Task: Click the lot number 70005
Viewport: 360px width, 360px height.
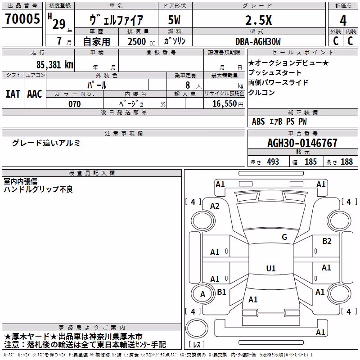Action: coord(22,18)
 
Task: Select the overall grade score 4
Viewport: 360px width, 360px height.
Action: coord(343,21)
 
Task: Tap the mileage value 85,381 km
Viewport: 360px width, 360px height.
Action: coord(54,64)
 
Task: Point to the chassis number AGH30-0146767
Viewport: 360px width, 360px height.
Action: coord(302,143)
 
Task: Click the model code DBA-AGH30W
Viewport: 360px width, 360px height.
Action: coord(258,41)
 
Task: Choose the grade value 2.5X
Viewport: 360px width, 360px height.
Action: coord(258,20)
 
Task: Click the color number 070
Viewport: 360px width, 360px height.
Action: coord(74,104)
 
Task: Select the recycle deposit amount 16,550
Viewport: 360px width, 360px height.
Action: coord(224,104)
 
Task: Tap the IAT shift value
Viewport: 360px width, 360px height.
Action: coord(13,94)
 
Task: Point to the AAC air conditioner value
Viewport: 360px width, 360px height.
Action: coord(35,94)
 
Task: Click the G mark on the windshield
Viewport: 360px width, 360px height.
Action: coord(284,237)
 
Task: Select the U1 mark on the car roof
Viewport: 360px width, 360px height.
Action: coord(271,268)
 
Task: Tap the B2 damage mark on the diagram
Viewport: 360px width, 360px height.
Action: coord(327,241)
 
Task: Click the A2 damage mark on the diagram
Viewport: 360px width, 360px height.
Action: coord(215,206)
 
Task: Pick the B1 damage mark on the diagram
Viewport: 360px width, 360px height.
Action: coord(221,292)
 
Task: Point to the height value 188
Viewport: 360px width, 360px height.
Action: coord(346,162)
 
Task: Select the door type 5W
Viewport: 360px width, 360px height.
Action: coord(174,20)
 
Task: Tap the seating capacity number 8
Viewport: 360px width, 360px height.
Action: coord(188,85)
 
